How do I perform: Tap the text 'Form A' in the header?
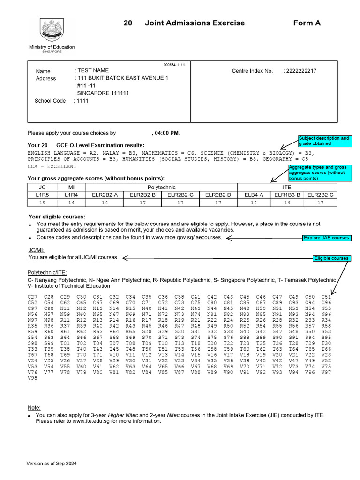[x=307, y=23]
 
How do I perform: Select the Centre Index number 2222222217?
[x=300, y=71]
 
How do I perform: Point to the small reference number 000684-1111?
[x=174, y=65]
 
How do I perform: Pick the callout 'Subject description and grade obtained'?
[x=324, y=141]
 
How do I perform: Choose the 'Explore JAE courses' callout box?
[x=326, y=238]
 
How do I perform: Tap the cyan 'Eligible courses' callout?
[x=331, y=258]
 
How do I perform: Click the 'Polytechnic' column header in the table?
[x=161, y=187]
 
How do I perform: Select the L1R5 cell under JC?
[x=42, y=195]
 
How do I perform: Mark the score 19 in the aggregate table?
[x=42, y=202]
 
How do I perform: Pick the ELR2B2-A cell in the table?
[x=105, y=195]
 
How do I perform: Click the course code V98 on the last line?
[x=32, y=377]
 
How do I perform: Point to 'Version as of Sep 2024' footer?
[x=52, y=463]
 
